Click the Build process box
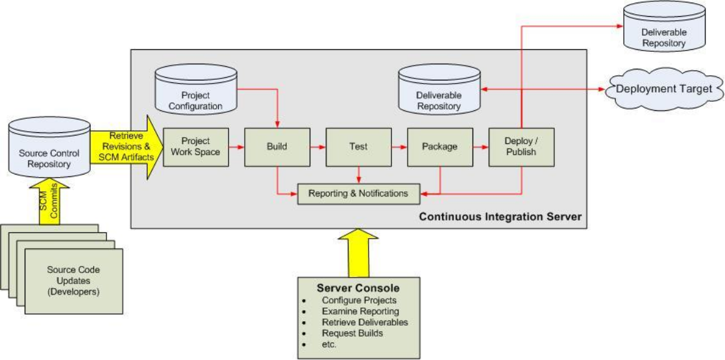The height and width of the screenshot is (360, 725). click(277, 147)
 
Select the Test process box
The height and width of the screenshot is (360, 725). click(358, 147)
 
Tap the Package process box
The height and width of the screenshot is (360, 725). click(439, 147)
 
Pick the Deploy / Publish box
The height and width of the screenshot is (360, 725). click(521, 147)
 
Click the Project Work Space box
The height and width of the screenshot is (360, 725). click(196, 147)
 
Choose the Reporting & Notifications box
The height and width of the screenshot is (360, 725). click(358, 193)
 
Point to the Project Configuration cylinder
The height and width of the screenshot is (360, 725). click(195, 90)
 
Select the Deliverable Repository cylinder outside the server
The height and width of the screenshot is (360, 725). click(663, 27)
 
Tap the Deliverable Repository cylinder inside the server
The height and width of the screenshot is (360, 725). click(439, 90)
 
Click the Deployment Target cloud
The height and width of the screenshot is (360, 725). click(665, 90)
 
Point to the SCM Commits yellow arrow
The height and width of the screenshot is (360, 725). click(50, 202)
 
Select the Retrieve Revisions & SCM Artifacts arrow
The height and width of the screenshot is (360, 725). click(127, 147)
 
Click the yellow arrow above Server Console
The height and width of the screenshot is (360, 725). click(358, 252)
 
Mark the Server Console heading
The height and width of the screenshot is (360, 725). click(358, 287)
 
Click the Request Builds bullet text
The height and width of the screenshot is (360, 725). click(352, 333)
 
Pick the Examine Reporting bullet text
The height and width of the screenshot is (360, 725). click(361, 311)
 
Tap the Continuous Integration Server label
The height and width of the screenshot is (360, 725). click(500, 216)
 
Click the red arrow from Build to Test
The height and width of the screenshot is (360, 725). click(317, 147)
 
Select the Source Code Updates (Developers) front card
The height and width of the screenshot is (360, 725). click(73, 281)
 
